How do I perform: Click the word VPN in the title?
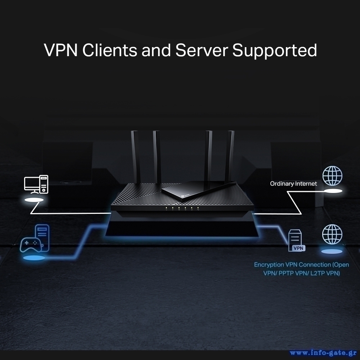(x=61, y=50)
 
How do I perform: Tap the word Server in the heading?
(x=202, y=50)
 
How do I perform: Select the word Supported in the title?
(x=275, y=51)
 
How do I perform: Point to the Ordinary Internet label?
(x=293, y=184)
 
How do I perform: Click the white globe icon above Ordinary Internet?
(x=332, y=176)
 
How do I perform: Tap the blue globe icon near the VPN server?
(x=332, y=234)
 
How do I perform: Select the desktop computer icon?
(x=36, y=184)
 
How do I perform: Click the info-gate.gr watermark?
(x=323, y=352)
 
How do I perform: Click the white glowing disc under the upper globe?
(x=332, y=191)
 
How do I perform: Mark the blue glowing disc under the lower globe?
(x=332, y=251)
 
